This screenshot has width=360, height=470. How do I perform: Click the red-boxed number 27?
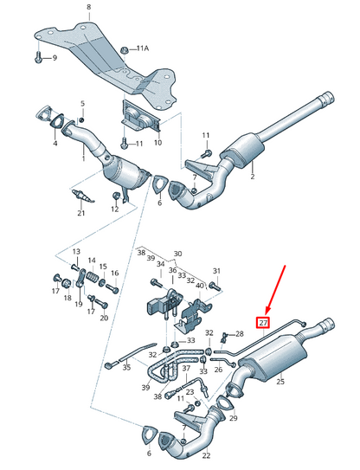tap(263, 323)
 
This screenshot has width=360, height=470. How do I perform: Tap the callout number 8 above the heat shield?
tap(89, 7)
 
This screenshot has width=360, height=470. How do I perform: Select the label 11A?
tap(143, 48)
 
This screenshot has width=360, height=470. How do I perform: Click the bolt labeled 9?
tap(38, 57)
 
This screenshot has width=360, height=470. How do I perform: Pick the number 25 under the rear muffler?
tap(280, 382)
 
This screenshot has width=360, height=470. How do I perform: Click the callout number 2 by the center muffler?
tap(253, 177)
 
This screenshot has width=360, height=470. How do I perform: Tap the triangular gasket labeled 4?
tap(57, 121)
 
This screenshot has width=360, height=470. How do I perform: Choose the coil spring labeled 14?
tap(92, 277)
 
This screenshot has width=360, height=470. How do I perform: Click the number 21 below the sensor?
tap(81, 213)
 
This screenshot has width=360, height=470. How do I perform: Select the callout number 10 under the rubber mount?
tap(157, 142)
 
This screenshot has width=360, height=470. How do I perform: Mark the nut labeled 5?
tap(81, 120)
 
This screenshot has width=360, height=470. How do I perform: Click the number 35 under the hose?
tap(127, 367)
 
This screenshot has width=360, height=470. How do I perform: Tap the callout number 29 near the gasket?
tap(233, 418)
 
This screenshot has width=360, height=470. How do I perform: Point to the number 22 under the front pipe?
tap(206, 455)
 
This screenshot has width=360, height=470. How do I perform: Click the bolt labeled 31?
tap(215, 286)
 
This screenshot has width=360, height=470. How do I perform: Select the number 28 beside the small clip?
tap(240, 333)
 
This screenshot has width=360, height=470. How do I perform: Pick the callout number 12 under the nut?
tap(115, 209)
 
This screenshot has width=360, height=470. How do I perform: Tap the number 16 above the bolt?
tap(115, 273)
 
